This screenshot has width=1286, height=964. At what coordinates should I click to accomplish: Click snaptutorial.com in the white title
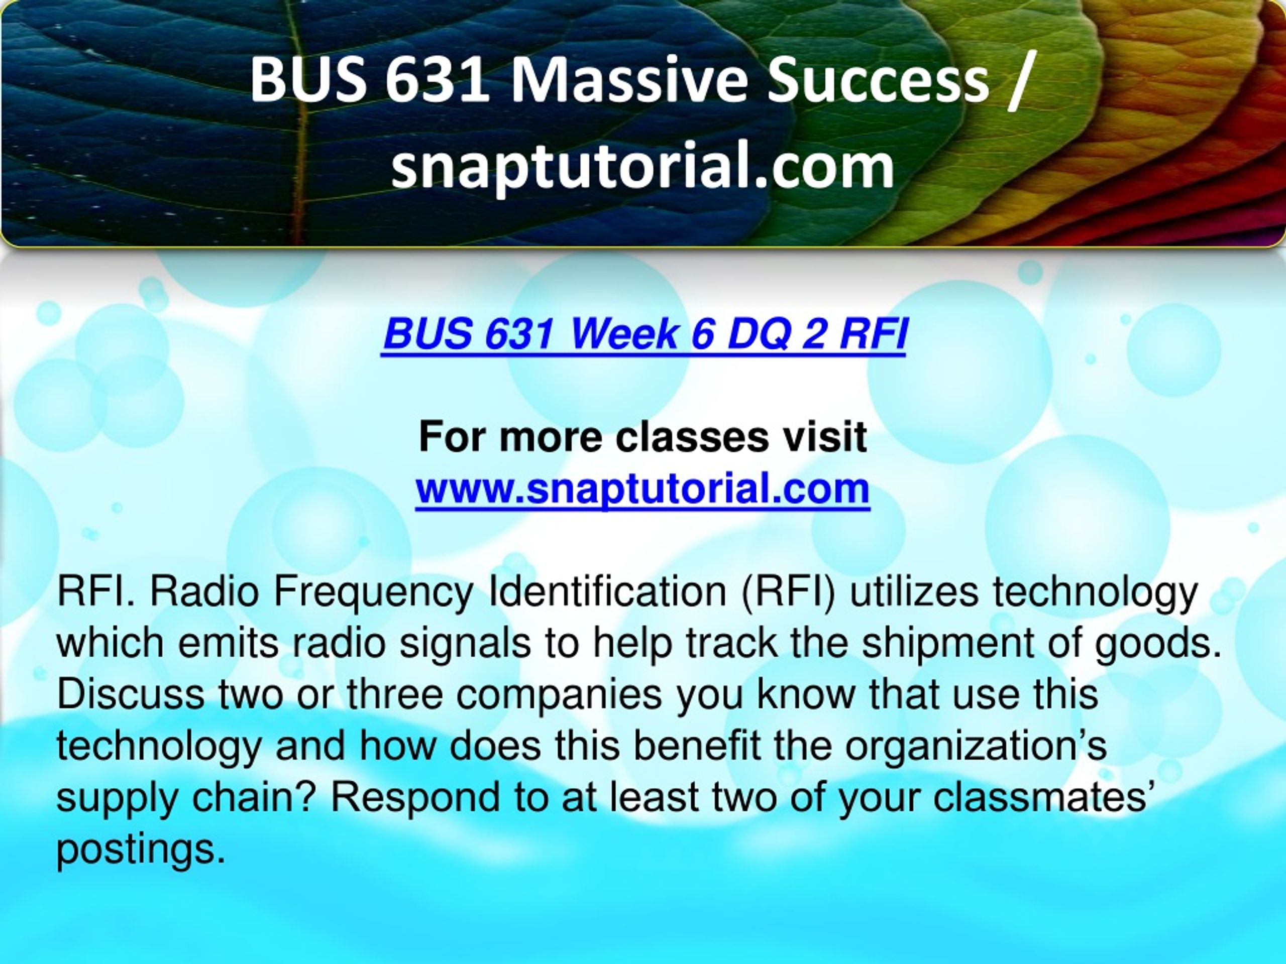point(642,169)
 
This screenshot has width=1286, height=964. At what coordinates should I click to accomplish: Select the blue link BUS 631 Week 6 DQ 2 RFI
point(644,334)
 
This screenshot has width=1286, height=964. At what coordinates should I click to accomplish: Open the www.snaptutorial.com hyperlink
point(642,489)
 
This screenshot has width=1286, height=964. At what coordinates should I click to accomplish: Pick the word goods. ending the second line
point(1156,644)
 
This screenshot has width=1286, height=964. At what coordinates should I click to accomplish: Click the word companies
point(558,695)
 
